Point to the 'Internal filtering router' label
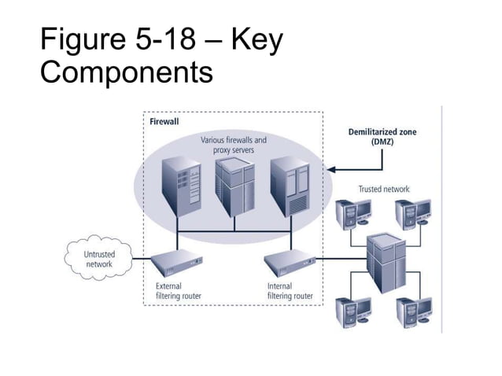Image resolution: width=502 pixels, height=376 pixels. tap(290, 291)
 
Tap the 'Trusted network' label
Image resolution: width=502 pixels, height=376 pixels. tap(383, 189)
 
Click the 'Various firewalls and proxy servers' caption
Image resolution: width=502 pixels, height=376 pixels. tap(234, 145)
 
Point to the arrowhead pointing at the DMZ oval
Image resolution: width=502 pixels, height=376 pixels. tap(331, 168)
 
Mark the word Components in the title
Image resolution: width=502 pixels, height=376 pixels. tap(126, 72)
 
